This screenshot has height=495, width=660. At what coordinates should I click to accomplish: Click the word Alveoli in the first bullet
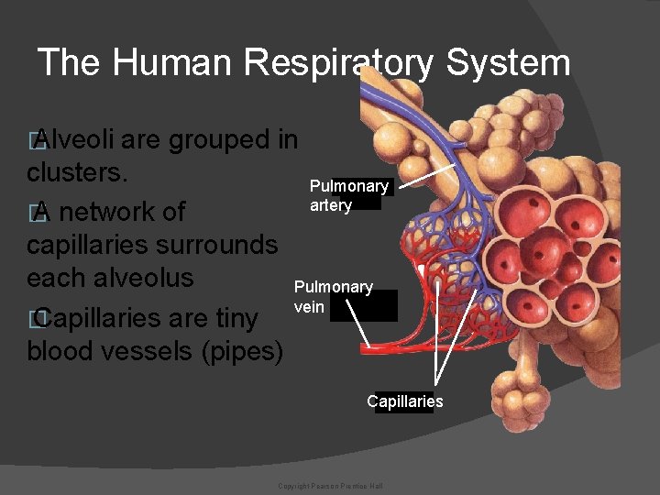pyautogui.click(x=74, y=140)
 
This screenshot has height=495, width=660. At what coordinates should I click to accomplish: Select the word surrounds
pyautogui.click(x=219, y=244)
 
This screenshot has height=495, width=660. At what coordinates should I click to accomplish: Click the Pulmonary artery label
pyautogui.click(x=348, y=195)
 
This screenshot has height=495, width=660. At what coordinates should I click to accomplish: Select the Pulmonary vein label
pyautogui.click(x=333, y=296)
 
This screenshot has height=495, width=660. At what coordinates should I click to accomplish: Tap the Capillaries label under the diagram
pyautogui.click(x=404, y=401)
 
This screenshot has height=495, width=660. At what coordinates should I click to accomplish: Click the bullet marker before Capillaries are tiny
pyautogui.click(x=36, y=318)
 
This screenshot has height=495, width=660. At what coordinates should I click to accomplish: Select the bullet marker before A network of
pyautogui.click(x=36, y=213)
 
